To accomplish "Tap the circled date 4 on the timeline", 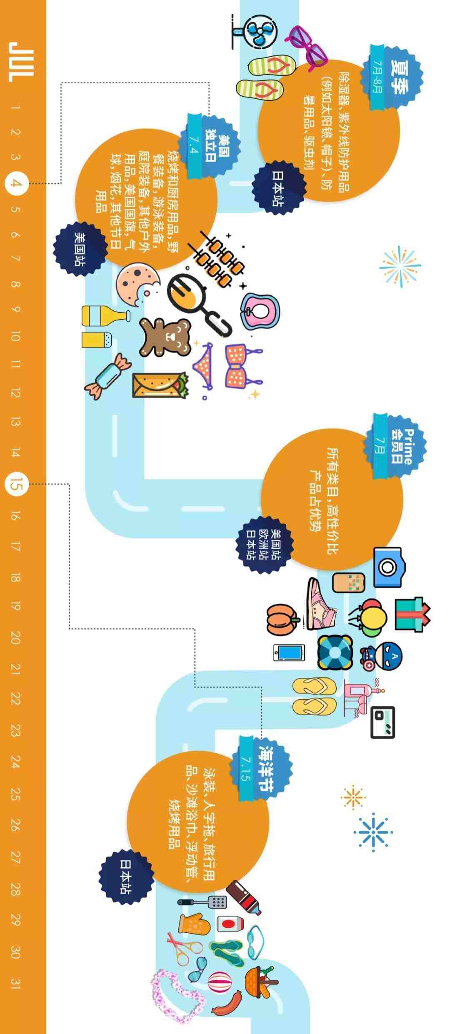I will [x=16, y=184].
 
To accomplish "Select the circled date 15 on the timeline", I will [x=16, y=484].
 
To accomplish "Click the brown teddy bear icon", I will [x=165, y=337].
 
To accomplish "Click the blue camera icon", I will [x=387, y=567].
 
